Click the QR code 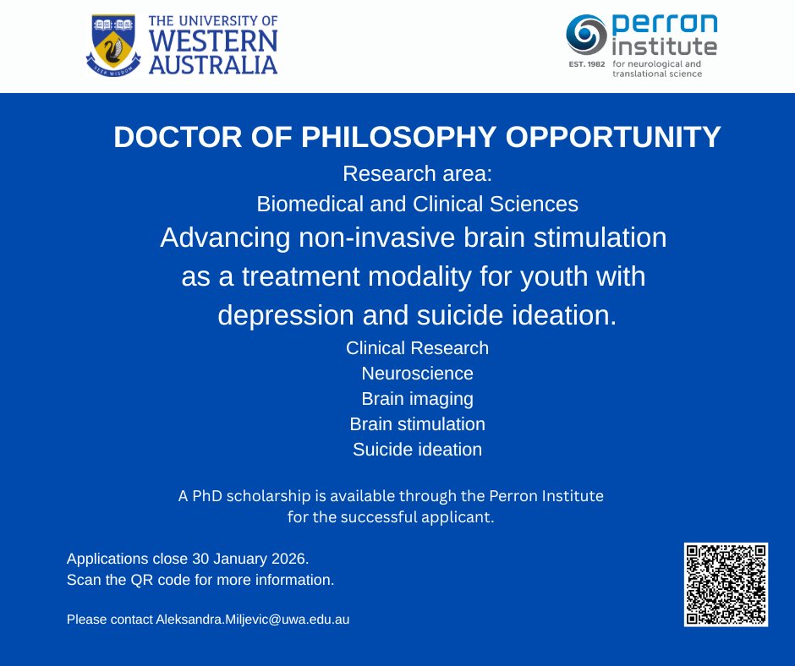tap(726, 585)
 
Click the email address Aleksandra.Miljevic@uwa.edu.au tap(252, 620)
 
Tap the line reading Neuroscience tap(417, 373)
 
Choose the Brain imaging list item tap(417, 398)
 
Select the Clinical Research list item tap(417, 347)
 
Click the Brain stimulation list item tap(417, 423)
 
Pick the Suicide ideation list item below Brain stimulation tap(417, 449)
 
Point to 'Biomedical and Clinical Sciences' tap(417, 204)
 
